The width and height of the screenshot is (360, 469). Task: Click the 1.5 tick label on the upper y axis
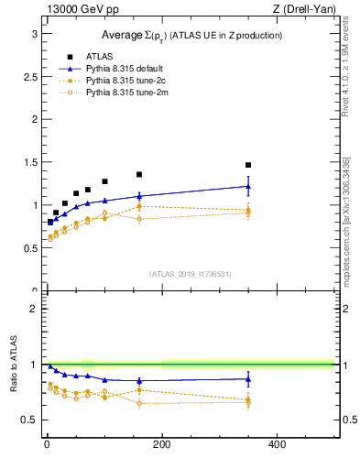(x=30, y=162)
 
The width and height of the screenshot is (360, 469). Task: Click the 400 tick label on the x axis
(x=277, y=444)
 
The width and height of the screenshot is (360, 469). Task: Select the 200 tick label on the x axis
(x=162, y=444)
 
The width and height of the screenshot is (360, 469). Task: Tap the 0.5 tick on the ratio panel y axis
(x=30, y=420)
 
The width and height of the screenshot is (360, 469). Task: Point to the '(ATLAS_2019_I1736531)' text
(x=191, y=273)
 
